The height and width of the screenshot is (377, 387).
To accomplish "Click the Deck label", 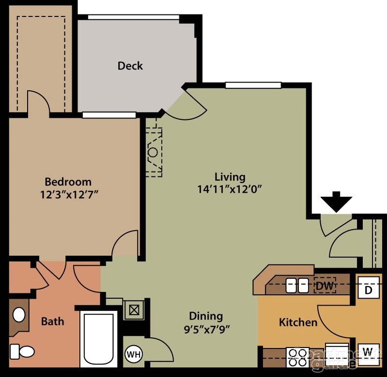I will (x=130, y=65).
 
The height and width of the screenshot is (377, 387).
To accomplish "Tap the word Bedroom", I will (x=68, y=182).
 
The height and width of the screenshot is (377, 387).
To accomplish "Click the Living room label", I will (x=230, y=177).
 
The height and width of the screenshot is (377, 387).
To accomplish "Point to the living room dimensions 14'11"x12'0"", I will (x=229, y=189).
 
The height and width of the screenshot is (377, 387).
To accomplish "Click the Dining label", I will (x=206, y=316).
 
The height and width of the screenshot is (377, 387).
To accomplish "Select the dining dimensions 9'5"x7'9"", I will (x=206, y=329).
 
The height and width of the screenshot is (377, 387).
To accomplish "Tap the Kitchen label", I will (x=298, y=322).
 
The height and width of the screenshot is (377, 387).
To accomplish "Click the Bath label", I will (x=52, y=321).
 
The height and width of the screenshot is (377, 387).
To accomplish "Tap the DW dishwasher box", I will (x=325, y=286).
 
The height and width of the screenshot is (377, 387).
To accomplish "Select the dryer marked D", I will (x=368, y=290).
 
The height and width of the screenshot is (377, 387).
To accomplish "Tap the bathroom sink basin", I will (x=19, y=315).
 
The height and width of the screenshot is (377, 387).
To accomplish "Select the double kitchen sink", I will (x=297, y=286).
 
